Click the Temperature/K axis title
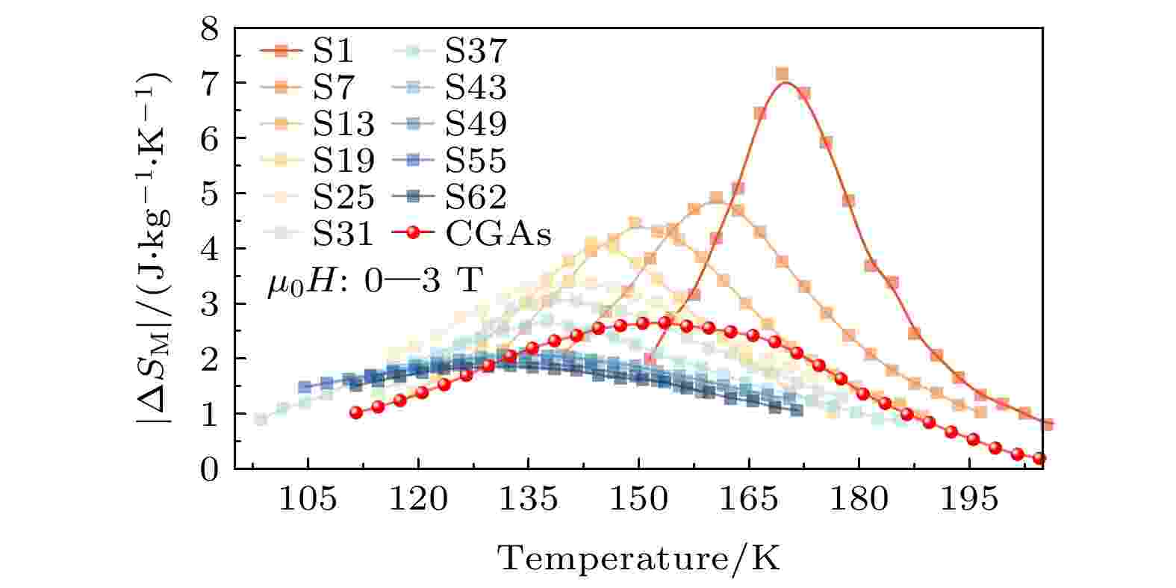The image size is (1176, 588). point(638,557)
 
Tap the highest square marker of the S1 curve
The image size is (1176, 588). point(782,74)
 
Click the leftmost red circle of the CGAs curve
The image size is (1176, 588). point(356,412)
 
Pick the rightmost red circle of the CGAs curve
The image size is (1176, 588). point(1039,458)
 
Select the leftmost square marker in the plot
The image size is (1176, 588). point(261,419)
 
